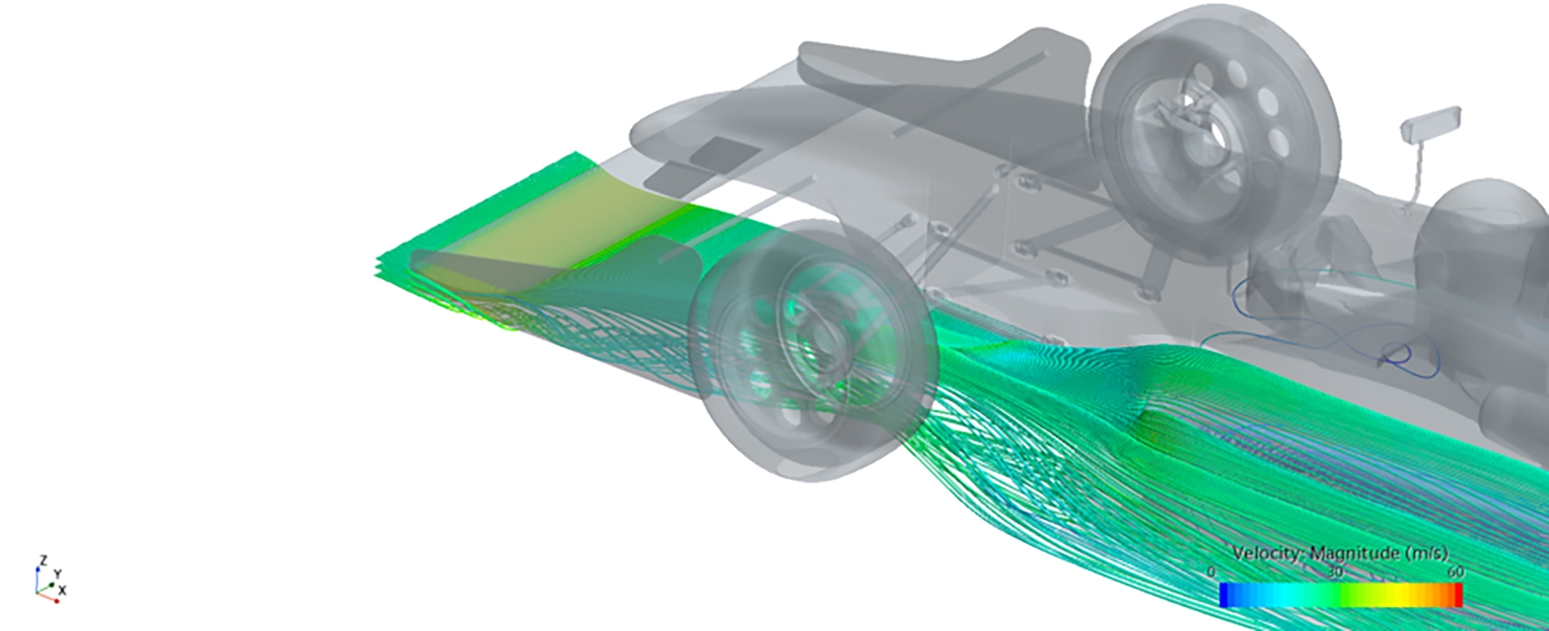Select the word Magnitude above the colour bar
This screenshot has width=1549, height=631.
pos(1352,553)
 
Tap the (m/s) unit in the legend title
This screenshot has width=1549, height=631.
pos(1423,554)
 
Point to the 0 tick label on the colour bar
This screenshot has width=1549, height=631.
pos(1211,572)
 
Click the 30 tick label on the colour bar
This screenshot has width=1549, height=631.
pos(1336,573)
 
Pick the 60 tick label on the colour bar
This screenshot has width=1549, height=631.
pos(1455,573)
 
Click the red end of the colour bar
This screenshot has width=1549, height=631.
pos(1458,595)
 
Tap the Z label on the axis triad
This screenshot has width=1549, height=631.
pos(43,560)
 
